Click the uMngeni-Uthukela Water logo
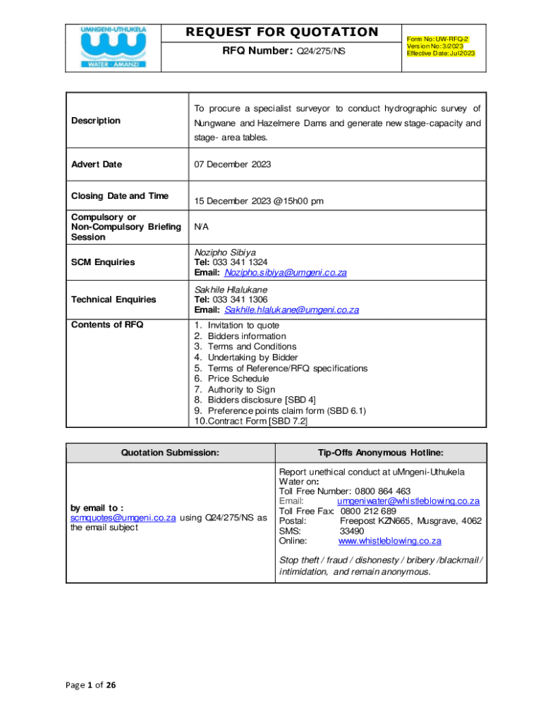click(114, 47)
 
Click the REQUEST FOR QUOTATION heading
click(282, 32)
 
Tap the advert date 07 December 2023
click(233, 164)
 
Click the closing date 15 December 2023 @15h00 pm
click(259, 201)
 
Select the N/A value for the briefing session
click(201, 228)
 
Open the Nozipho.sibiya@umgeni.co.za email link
click(286, 273)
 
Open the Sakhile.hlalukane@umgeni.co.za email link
click(292, 310)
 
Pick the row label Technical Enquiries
click(114, 300)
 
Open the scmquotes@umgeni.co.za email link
click(123, 517)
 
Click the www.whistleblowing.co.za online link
click(390, 541)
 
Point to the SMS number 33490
click(352, 531)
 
